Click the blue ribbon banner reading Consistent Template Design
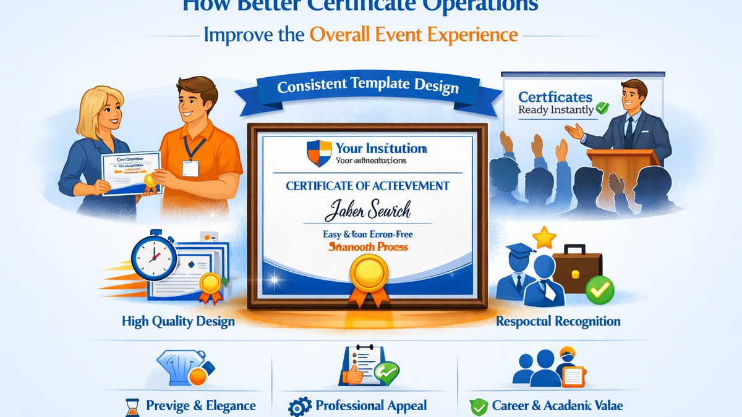tap(369, 86)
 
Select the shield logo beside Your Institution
tap(318, 153)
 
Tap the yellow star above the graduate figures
tap(543, 237)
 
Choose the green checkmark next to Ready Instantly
tap(602, 109)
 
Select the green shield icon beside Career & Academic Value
tap(478, 407)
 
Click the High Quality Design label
tap(178, 321)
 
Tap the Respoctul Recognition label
tap(558, 321)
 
